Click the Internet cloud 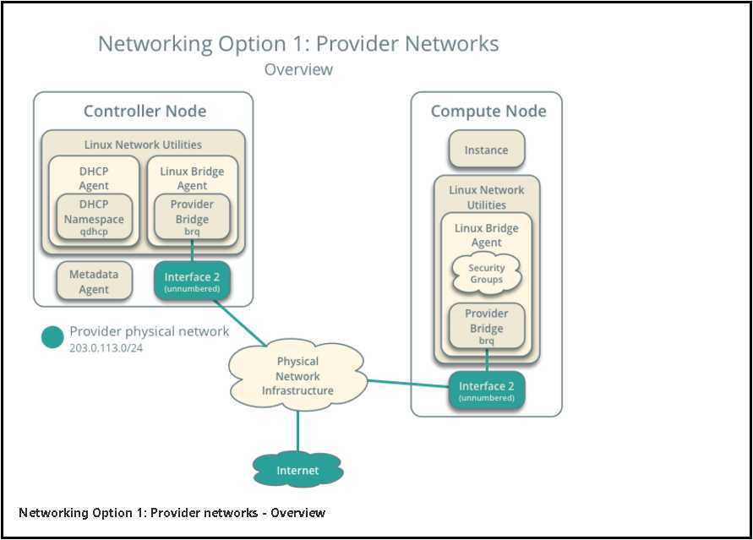point(297,470)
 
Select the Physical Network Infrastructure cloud point(297,376)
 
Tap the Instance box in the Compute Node point(486,150)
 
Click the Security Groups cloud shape point(486,274)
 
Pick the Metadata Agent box point(94,281)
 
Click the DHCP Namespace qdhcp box point(94,219)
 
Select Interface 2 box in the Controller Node point(192,281)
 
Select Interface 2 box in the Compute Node point(486,391)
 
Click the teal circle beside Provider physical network point(52,337)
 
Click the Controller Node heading point(145,112)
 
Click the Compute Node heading point(488,112)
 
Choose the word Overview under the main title point(298,69)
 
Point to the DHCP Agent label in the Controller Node point(94,178)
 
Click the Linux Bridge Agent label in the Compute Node point(486,235)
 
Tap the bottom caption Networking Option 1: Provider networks point(172,513)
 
